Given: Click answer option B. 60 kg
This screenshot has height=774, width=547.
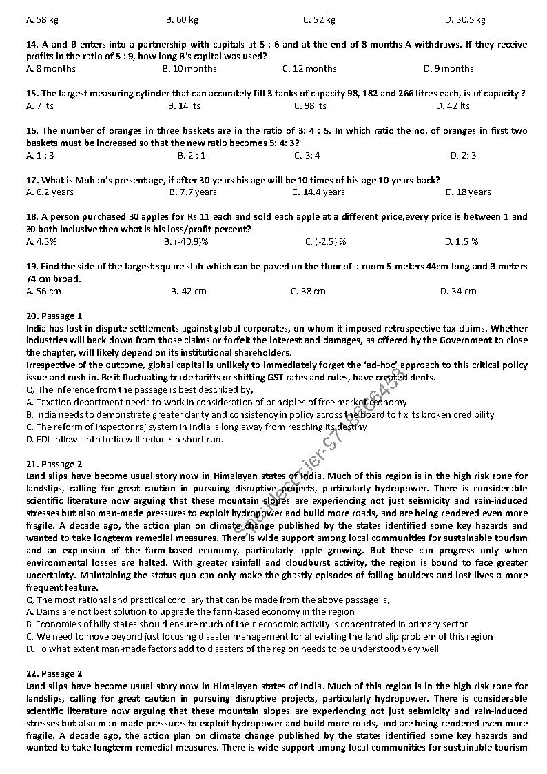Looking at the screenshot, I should pos(182,20).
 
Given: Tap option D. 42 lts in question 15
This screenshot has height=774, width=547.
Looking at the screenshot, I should pos(453,105).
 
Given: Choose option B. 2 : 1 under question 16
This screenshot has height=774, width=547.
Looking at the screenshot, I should pos(192,155).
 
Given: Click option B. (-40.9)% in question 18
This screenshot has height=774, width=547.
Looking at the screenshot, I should pos(186,242).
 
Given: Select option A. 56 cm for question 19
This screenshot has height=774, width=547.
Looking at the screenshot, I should pos(43,292).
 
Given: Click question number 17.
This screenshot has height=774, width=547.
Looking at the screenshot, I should pos(32,180).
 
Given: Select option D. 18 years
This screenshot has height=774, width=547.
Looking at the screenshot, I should pos(468,192).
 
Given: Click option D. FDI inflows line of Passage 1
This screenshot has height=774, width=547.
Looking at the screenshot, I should pos(125,439).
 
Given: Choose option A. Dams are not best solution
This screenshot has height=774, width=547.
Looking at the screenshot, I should pos(190,611).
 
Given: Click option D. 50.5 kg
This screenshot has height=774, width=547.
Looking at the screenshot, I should pos(465,20).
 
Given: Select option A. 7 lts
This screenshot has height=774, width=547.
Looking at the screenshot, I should pos(40,105).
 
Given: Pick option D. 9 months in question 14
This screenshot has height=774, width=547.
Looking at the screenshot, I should pos(448,68).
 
